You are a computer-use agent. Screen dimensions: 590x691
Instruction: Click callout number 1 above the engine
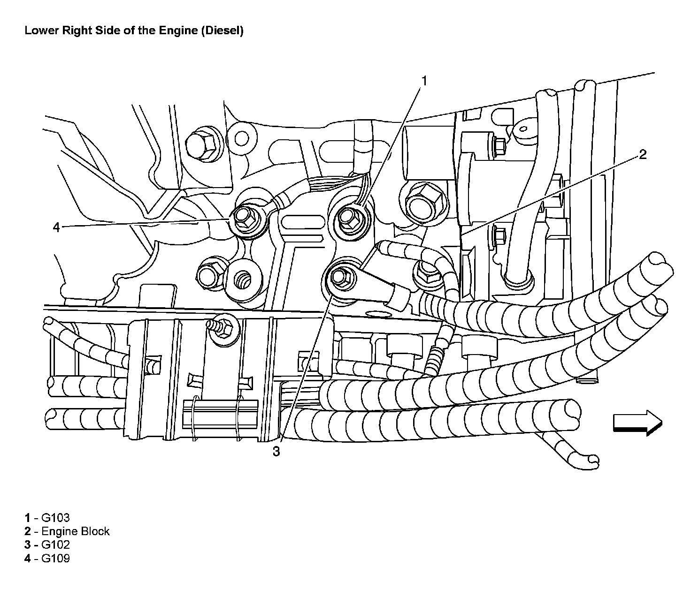point(423,81)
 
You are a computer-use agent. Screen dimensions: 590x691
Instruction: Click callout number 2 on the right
point(643,154)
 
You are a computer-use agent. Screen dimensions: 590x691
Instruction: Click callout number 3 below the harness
point(276,451)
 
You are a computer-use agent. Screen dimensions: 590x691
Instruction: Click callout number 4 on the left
point(56,227)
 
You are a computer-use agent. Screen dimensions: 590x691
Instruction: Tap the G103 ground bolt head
point(348,216)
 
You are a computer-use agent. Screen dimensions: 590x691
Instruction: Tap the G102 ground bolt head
point(338,277)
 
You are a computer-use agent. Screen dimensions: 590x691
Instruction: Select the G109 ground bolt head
point(243,215)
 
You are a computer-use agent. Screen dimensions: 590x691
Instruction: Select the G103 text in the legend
point(55,518)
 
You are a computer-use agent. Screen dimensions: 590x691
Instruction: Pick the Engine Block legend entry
point(75,531)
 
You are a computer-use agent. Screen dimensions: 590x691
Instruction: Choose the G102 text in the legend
point(55,545)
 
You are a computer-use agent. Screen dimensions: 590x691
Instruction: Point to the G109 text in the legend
point(55,558)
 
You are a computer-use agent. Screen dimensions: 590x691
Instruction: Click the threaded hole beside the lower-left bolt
point(244,280)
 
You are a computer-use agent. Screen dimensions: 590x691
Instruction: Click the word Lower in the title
point(40,31)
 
